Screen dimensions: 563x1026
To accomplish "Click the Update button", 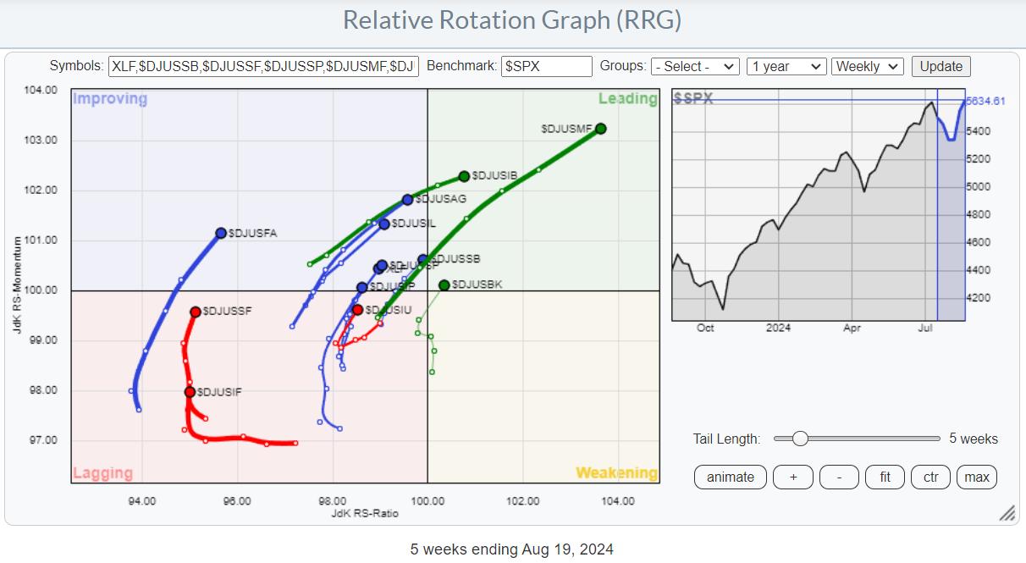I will pyautogui.click(x=941, y=67).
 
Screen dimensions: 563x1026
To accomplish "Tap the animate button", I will pyautogui.click(x=731, y=477).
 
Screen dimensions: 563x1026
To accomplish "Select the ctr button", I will pyautogui.click(x=930, y=477).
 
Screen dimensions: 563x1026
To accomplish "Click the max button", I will pyautogui.click(x=977, y=477).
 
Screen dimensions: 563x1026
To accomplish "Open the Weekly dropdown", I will pyautogui.click(x=868, y=67).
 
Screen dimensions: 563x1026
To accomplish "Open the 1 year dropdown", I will pyautogui.click(x=786, y=67).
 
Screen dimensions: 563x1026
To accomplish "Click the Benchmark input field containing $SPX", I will pyautogui.click(x=546, y=67).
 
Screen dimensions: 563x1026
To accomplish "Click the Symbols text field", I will pyautogui.click(x=263, y=67).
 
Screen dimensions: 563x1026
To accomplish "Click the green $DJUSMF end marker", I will pyautogui.click(x=600, y=129).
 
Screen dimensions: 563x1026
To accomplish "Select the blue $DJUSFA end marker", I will pyautogui.click(x=221, y=233).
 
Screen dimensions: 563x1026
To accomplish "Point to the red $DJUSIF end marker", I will pyautogui.click(x=190, y=392).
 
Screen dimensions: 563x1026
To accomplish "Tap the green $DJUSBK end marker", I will pyautogui.click(x=444, y=285).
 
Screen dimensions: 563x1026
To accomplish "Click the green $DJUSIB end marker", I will pyautogui.click(x=464, y=176).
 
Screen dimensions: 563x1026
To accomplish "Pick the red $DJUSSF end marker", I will pyautogui.click(x=196, y=312).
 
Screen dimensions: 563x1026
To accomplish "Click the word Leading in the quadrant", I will pyautogui.click(x=627, y=99).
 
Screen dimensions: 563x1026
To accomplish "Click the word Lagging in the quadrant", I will pyautogui.click(x=103, y=472).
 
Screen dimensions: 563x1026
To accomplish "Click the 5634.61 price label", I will pyautogui.click(x=986, y=102).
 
